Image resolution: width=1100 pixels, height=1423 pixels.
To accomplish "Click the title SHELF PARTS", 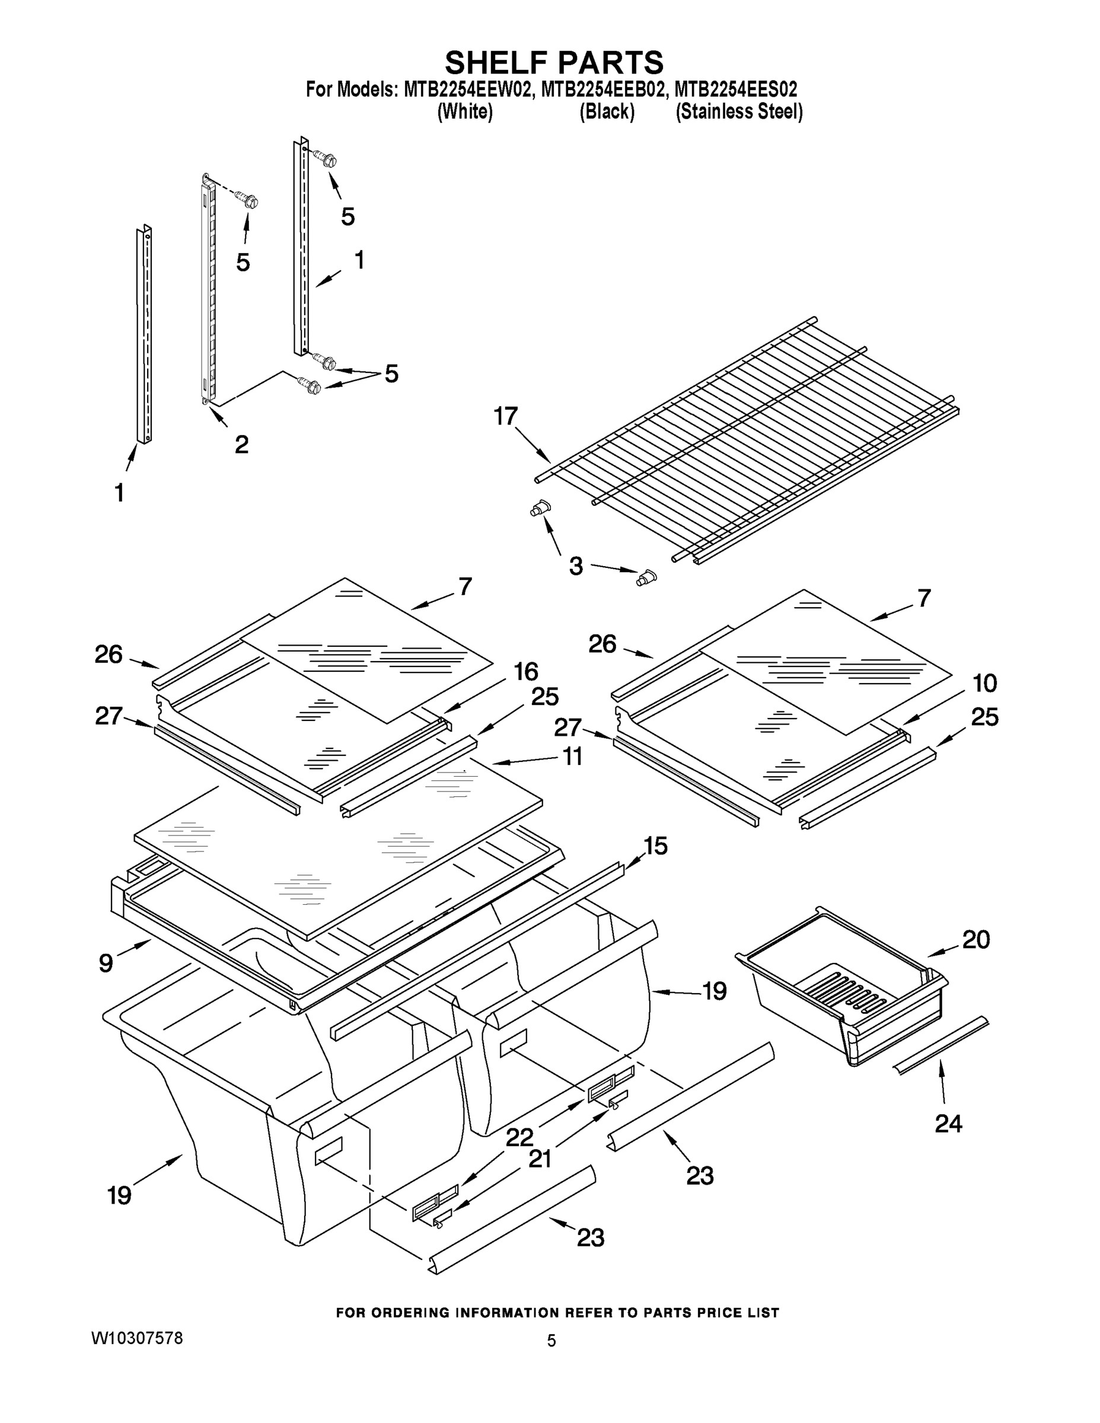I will tap(554, 62).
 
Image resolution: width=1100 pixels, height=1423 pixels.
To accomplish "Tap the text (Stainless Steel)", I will tap(739, 112).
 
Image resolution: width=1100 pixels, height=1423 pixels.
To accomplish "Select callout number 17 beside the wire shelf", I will tap(506, 416).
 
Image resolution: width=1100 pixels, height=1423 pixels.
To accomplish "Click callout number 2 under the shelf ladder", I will tap(241, 445).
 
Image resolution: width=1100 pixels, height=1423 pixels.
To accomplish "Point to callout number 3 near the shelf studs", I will tap(575, 566).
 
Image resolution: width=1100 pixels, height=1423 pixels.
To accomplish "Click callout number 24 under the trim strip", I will tap(948, 1124).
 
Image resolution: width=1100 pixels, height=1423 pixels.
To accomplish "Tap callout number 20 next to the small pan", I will tap(975, 940).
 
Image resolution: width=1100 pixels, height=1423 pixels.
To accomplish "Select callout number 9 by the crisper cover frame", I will tap(106, 963).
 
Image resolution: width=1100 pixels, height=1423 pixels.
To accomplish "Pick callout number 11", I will tap(572, 757).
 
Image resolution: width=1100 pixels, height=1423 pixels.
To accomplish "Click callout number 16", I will tap(526, 671).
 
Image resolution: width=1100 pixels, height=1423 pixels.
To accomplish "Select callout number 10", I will tap(984, 684).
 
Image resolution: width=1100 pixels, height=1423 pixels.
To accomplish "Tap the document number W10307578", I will tap(137, 1338).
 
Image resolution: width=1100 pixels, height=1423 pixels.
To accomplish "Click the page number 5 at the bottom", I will tap(551, 1341).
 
